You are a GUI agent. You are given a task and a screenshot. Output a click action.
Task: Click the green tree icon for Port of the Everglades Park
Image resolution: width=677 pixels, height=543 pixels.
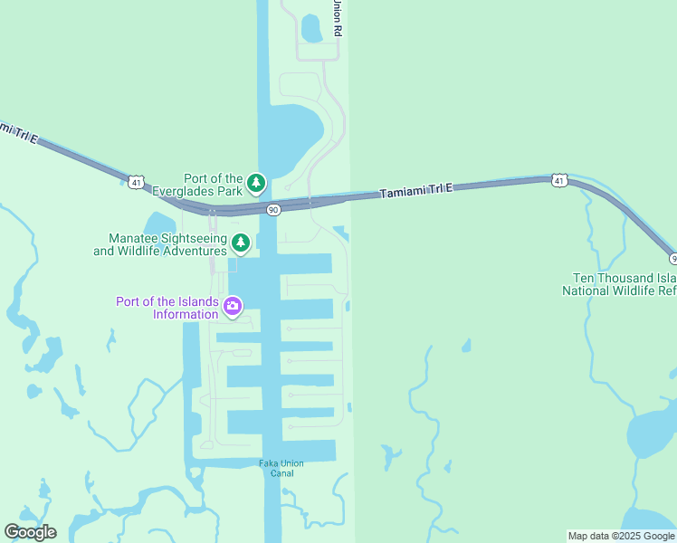click(x=257, y=184)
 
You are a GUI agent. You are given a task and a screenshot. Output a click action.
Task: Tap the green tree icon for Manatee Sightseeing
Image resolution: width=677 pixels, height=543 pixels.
click(x=240, y=243)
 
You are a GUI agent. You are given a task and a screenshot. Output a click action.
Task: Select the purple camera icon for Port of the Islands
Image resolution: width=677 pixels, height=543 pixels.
click(x=233, y=307)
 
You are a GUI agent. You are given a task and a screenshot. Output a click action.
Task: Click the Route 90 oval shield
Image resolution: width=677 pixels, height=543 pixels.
click(x=273, y=209)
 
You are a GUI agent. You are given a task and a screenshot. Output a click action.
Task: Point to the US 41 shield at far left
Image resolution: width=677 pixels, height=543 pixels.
click(x=135, y=182)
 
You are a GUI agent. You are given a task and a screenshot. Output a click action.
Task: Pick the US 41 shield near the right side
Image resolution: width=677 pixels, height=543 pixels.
click(x=559, y=180)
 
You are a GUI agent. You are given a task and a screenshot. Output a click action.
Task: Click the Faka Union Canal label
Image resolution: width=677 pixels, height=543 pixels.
click(x=281, y=468)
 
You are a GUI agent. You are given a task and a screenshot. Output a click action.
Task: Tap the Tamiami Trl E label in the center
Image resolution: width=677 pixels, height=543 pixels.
click(x=416, y=190)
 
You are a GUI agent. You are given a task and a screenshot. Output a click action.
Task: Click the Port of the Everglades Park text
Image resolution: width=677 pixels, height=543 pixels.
click(x=213, y=185)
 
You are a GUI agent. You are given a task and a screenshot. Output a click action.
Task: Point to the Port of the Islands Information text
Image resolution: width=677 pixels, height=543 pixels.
click(x=167, y=308)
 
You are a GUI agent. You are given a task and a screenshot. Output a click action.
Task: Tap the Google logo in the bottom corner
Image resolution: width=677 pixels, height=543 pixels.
click(x=30, y=531)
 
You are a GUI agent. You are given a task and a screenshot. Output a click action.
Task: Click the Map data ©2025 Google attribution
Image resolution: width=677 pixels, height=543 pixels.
click(x=621, y=536)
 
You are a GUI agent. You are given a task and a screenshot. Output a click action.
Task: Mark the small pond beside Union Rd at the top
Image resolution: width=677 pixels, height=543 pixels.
click(x=311, y=29)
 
